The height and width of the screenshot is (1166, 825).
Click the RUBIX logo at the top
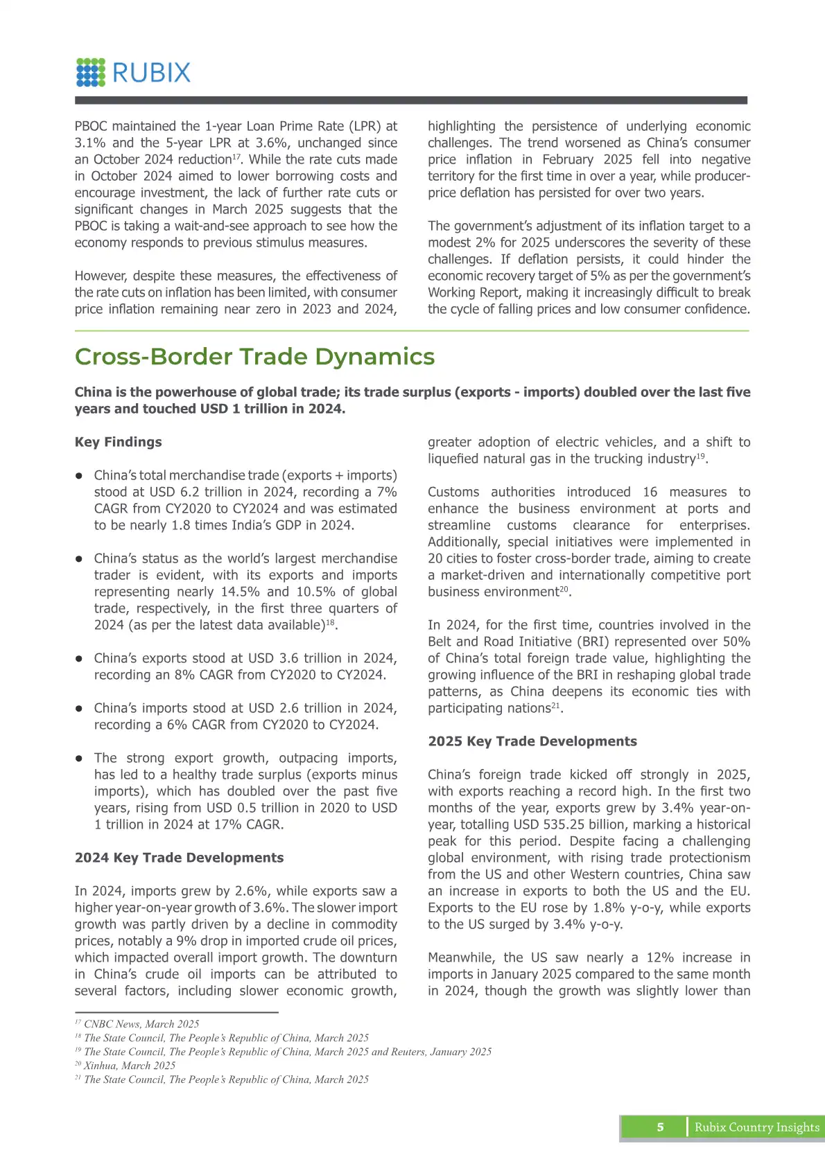pos(133,73)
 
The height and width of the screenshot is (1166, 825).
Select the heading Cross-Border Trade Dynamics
pos(254,357)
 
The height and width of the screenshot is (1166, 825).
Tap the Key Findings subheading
pos(118,442)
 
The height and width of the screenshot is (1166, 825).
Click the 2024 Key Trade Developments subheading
pos(179,858)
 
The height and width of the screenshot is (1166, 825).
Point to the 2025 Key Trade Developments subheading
pos(532,741)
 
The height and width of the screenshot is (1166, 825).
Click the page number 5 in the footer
pos(660,1127)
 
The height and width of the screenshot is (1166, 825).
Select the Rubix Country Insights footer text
pos(756,1127)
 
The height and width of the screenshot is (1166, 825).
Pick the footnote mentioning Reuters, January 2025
pos(287,1052)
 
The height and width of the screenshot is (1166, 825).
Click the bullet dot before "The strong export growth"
pos(80,759)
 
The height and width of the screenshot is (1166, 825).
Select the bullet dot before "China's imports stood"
pos(80,709)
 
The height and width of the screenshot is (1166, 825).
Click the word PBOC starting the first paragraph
pos(91,126)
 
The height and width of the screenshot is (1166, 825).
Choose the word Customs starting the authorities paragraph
pos(453,492)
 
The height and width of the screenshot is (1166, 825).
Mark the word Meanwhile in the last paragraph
pos(461,957)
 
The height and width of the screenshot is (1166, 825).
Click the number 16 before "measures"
pos(650,492)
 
